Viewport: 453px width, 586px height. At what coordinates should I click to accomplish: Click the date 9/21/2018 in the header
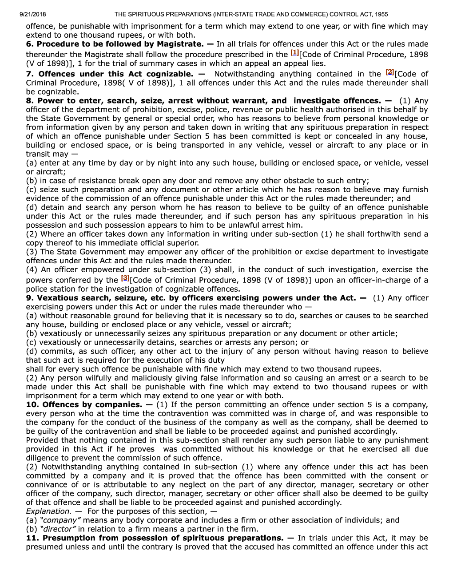coord(33,14)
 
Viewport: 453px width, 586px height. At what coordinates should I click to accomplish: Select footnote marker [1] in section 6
coord(294,53)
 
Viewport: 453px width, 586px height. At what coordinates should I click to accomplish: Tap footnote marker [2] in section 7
coord(390,72)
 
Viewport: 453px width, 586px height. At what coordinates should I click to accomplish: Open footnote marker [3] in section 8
coord(125,278)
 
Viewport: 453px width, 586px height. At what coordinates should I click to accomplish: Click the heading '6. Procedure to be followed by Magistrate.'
coord(115,44)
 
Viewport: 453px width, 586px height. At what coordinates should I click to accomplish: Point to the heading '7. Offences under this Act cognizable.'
coord(110,74)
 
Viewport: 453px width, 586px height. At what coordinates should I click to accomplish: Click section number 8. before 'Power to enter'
coord(30,101)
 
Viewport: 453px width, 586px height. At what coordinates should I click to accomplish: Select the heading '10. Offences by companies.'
coord(84,404)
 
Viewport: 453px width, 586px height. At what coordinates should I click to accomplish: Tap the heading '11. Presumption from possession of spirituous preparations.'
coord(155,538)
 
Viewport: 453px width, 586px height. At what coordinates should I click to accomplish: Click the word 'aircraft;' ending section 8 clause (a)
coord(50,172)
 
